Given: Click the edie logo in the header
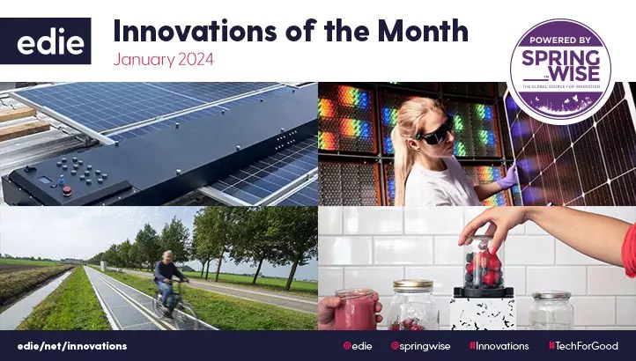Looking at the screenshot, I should pyautogui.click(x=52, y=41).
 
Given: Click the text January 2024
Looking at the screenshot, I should pyautogui.click(x=164, y=61).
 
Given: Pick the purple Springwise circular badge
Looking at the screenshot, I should pyautogui.click(x=561, y=70).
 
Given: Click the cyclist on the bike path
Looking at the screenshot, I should pyautogui.click(x=169, y=280).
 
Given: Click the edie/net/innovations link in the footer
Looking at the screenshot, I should pyautogui.click(x=70, y=346).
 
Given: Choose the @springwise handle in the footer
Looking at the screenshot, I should pyautogui.click(x=420, y=346).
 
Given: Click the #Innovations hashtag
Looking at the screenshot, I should pyautogui.click(x=498, y=346).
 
